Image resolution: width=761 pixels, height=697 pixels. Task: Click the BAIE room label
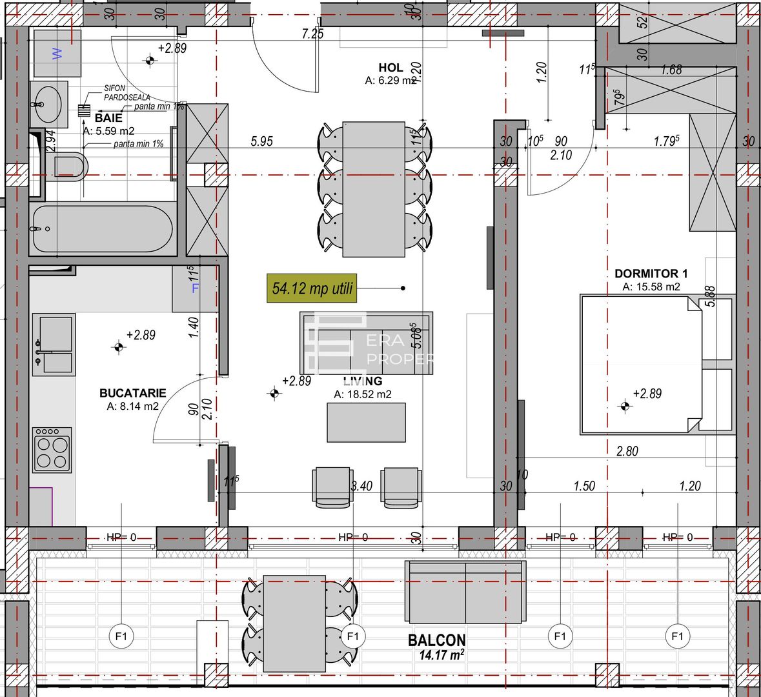(x=108, y=118)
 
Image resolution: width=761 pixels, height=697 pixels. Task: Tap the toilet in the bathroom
(x=70, y=165)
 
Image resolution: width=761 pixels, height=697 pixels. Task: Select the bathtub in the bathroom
(x=101, y=229)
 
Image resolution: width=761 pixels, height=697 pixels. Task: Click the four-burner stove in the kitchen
(x=52, y=450)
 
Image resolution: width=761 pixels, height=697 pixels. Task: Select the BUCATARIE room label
(x=132, y=392)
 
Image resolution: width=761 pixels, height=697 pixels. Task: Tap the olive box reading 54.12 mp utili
(x=312, y=288)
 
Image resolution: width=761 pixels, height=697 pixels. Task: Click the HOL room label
(x=391, y=67)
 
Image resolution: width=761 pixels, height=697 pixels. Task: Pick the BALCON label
(x=436, y=640)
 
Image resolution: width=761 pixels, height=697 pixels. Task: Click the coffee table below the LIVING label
(x=366, y=422)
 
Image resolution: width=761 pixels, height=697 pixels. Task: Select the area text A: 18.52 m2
(x=362, y=394)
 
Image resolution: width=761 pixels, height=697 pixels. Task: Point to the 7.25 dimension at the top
(x=312, y=34)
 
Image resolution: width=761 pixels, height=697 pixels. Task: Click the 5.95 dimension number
(x=261, y=141)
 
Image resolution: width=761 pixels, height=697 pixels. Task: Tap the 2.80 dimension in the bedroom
(x=627, y=451)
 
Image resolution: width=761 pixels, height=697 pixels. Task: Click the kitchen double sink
(x=54, y=344)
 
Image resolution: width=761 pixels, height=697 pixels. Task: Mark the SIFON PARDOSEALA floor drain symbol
(x=84, y=110)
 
